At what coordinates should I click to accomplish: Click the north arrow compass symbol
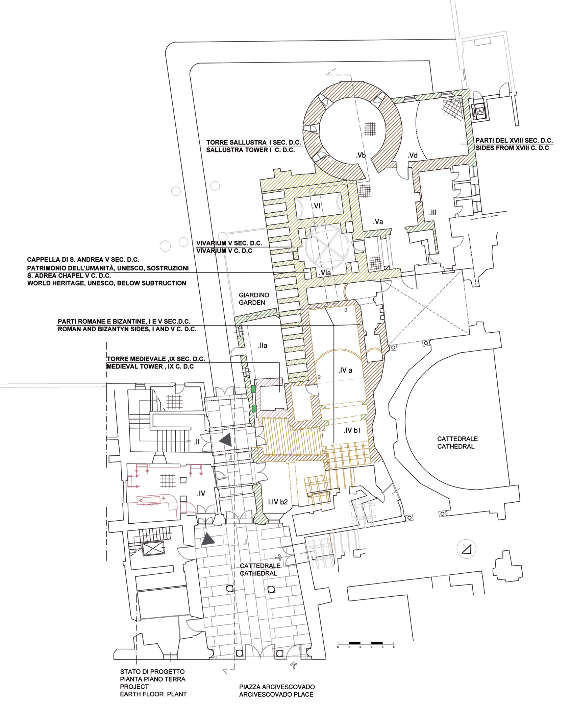click(466, 549)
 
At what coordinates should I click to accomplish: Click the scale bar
click(366, 643)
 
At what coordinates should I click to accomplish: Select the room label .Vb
click(361, 155)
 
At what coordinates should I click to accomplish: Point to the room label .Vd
click(413, 156)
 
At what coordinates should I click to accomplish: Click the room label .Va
click(378, 222)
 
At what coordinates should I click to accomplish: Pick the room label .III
click(433, 212)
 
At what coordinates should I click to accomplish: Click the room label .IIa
click(262, 346)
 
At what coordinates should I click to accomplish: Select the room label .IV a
click(345, 370)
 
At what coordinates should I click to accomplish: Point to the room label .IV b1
click(352, 430)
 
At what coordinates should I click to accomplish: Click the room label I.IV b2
click(278, 502)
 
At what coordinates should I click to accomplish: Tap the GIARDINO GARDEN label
click(254, 299)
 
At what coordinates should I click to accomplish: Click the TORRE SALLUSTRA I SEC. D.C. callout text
click(253, 142)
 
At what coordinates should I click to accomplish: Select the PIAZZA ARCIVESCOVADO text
click(277, 687)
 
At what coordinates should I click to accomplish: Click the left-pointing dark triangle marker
click(225, 440)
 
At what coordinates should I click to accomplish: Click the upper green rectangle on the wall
click(253, 389)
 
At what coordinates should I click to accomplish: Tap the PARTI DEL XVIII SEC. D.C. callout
click(514, 140)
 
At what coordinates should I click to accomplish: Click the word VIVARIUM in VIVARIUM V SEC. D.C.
click(212, 243)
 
